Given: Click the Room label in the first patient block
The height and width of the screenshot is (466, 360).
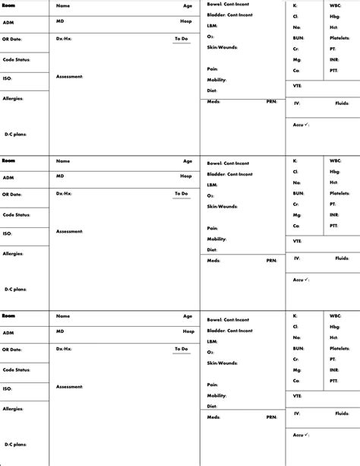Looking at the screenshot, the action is coord(8,5).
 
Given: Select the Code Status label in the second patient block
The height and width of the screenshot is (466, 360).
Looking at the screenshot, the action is coord(16,215).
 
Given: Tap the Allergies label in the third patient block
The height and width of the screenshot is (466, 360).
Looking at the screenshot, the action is coord(13,408).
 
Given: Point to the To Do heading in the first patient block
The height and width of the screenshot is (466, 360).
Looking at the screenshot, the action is coord(181,38).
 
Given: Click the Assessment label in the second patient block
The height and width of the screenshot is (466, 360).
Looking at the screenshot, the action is coord(69,232).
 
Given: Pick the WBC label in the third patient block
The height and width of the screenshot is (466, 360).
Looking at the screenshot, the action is coord(336,315).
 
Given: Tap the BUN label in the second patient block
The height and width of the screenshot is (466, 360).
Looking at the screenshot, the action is coord(298,193).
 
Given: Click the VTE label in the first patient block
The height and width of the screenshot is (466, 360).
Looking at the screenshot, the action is coord(298,86).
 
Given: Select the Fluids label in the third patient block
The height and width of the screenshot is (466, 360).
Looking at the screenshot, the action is coord(343,414).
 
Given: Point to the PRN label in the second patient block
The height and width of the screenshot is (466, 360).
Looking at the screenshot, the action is coord(271,260).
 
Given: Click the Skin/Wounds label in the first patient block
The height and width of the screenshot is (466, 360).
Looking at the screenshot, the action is coord(223,47).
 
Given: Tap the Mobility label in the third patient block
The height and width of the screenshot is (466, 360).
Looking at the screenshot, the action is coord(217,395).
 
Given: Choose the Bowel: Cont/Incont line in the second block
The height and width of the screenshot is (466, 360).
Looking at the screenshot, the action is coord(229,163).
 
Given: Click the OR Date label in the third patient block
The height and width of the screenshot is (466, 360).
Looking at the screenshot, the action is coord(12,350).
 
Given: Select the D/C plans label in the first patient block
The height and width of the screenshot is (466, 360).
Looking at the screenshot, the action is coord(15,134).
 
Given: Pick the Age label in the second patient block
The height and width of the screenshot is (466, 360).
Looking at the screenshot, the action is coord(188,161).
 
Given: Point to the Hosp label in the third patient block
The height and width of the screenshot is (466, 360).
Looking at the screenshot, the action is coord(187,331).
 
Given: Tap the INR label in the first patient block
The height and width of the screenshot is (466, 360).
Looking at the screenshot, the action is coord(334,59).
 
